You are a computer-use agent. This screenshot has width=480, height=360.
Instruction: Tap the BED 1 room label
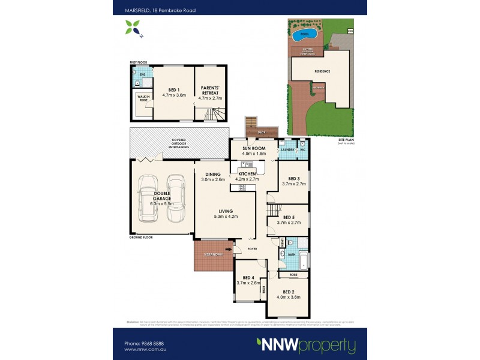174,89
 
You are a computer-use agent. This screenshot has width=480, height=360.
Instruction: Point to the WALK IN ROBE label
143,100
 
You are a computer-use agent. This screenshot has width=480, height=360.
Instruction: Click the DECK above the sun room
261,131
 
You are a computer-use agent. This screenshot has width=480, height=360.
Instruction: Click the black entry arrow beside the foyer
229,247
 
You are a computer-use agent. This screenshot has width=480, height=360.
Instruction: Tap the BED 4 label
244,278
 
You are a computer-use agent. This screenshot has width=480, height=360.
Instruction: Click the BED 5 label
289,217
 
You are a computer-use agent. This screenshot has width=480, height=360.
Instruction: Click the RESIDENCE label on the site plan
322,71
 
